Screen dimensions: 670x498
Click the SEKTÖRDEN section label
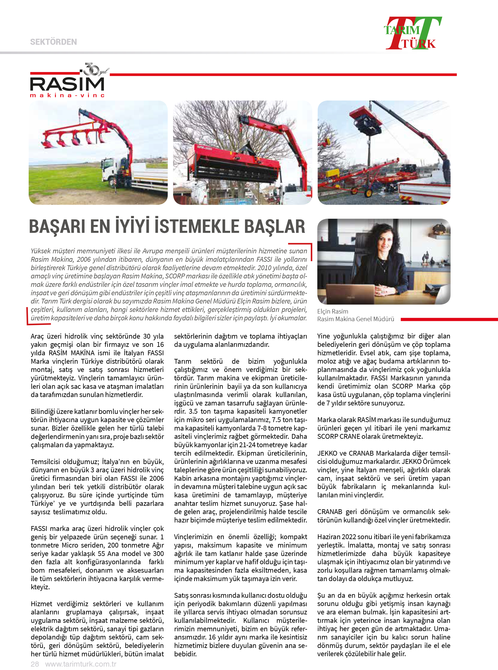tap(53, 42)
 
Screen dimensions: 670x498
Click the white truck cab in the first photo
tap(110, 169)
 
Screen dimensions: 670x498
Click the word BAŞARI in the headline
tap(57, 227)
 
